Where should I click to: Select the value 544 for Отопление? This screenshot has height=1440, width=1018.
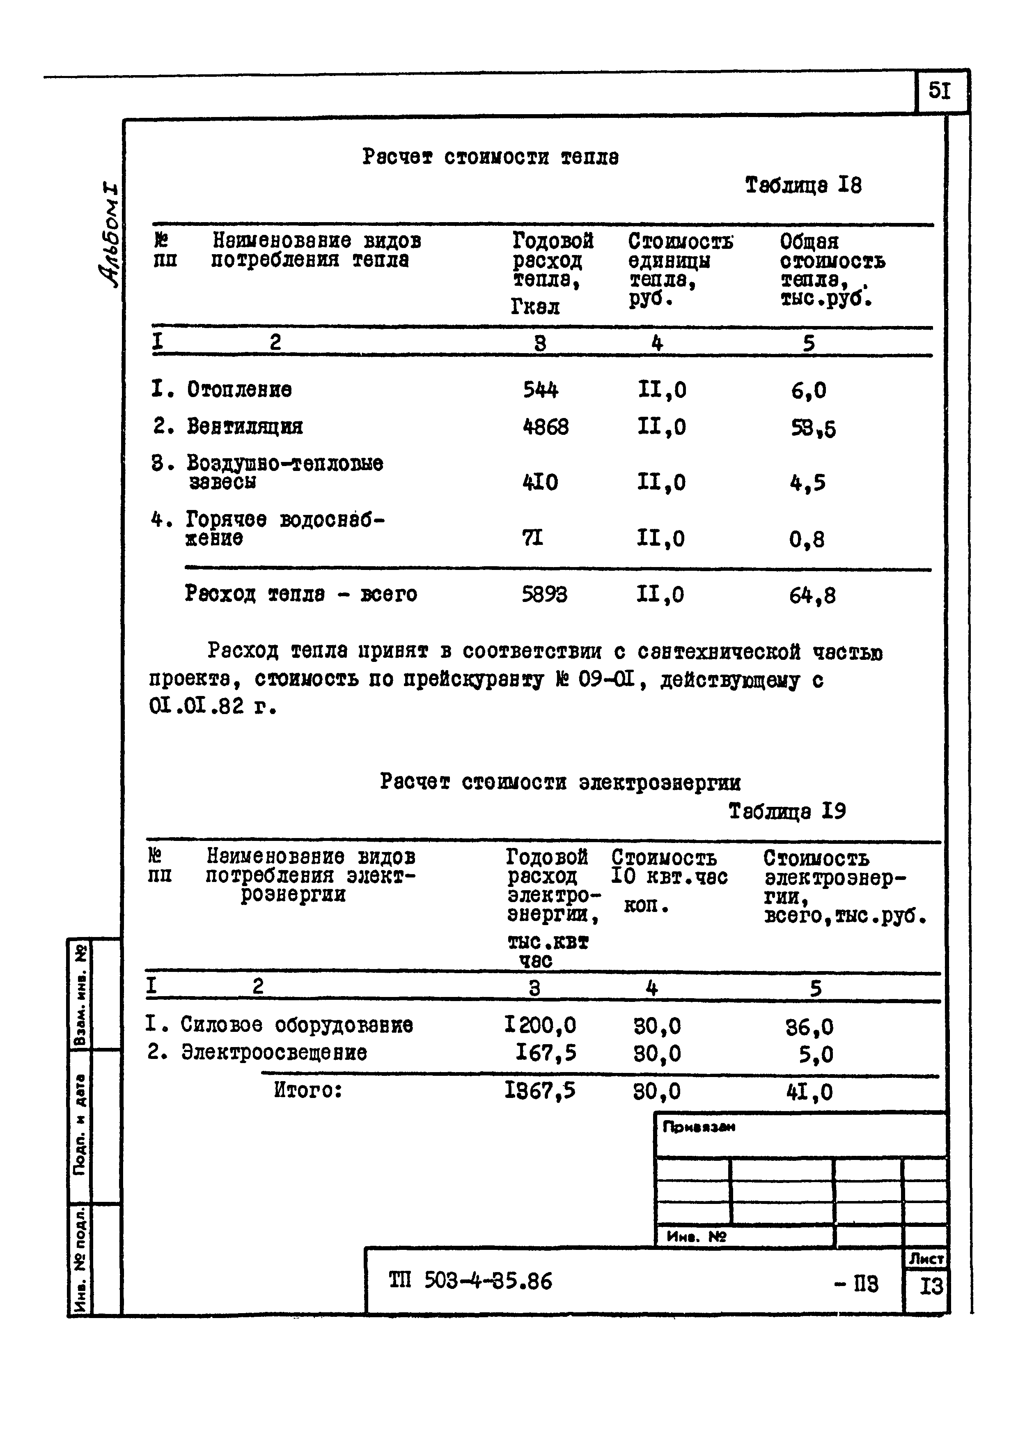point(540,390)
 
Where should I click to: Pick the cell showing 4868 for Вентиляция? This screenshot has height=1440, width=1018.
point(546,427)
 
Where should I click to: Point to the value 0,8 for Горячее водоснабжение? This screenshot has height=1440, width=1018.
point(807,540)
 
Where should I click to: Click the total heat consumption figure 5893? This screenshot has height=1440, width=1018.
point(544,594)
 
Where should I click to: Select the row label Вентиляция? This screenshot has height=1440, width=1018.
point(245,427)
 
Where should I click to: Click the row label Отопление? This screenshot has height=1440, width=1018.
point(239,390)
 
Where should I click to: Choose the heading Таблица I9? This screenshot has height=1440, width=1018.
point(787,812)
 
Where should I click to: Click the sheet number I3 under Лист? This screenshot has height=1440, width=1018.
point(931,1287)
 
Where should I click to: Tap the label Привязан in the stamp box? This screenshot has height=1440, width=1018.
point(699,1127)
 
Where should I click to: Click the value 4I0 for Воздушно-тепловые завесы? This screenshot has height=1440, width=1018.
point(540,482)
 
